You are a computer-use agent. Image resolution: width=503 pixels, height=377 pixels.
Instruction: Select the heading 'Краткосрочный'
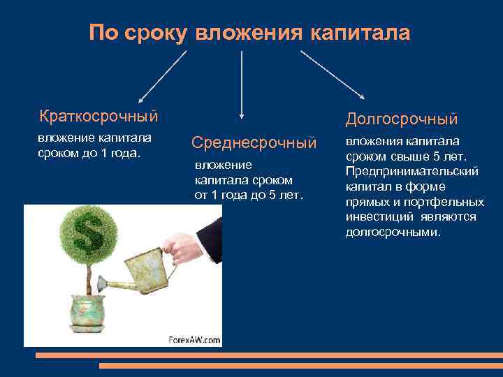(x=99, y=114)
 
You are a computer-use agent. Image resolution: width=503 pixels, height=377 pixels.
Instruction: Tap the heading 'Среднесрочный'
(x=254, y=143)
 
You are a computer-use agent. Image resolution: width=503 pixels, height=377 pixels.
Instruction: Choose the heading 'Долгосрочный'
(x=402, y=119)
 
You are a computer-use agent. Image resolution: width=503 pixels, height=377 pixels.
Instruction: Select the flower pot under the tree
(x=87, y=312)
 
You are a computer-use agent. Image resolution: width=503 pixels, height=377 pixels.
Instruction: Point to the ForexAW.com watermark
(x=194, y=340)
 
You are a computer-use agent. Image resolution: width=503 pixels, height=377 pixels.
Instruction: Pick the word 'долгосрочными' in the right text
(x=393, y=232)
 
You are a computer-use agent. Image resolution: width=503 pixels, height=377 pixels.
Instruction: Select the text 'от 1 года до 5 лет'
(x=249, y=195)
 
